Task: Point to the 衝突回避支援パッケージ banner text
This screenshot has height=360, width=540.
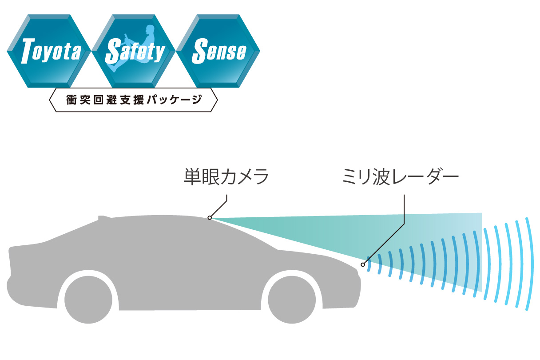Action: (x=133, y=100)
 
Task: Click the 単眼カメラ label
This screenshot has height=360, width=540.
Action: (x=226, y=177)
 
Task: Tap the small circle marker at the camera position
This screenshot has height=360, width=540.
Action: (x=209, y=218)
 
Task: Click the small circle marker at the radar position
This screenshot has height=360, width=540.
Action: (x=363, y=265)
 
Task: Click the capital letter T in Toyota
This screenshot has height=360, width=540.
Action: (x=28, y=51)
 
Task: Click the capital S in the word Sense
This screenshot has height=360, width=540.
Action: (x=198, y=51)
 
